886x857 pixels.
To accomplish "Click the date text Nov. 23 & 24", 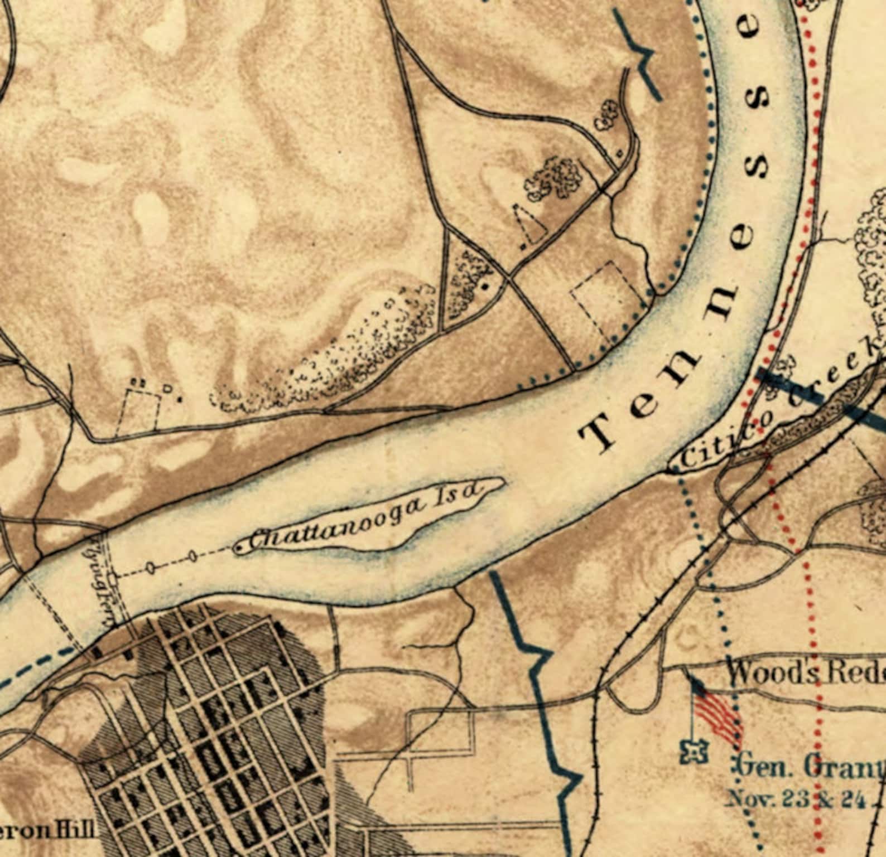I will [795, 799].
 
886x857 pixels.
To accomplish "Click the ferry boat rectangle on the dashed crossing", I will [114, 579].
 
